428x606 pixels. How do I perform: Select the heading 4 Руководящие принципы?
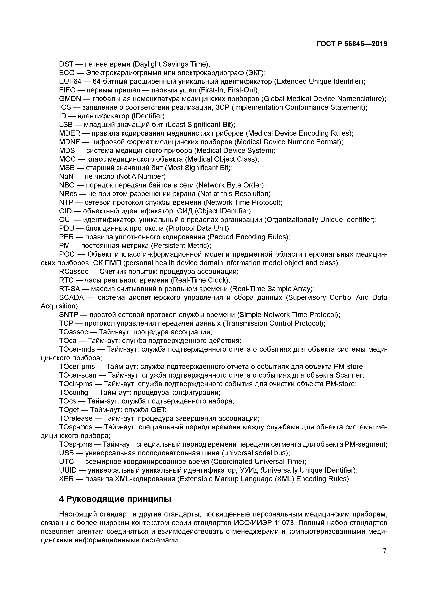tap(115, 499)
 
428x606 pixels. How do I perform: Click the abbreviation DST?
tap(66, 64)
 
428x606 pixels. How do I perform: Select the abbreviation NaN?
tap(66, 176)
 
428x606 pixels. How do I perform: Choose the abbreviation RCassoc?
tap(74, 272)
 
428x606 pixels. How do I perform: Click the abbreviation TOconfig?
tap(74, 392)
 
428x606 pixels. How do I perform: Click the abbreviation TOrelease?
tap(76, 418)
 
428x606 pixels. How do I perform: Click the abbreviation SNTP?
tap(69, 315)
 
